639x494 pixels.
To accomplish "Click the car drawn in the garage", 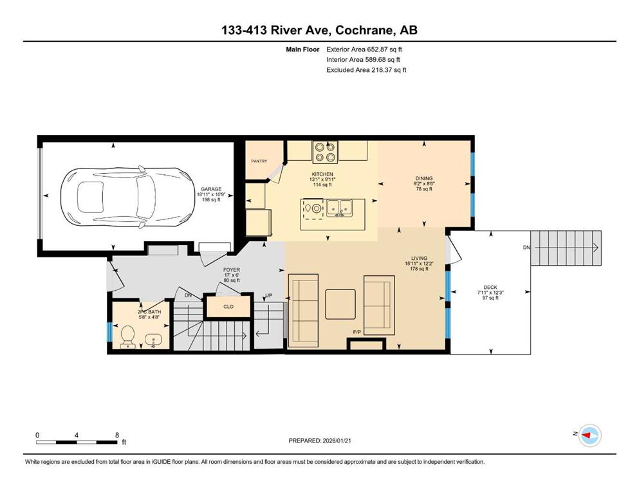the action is point(128,196).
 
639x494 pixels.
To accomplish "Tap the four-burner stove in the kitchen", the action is point(325,152).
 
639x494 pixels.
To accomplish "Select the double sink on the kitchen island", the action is point(340,208).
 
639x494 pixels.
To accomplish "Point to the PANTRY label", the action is point(259,161).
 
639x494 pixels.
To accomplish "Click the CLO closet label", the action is point(228,306).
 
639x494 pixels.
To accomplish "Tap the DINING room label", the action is point(424,178).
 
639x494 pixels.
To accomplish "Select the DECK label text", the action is point(490,287).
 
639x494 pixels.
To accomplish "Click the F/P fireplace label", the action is point(357,333).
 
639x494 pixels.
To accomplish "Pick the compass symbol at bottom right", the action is point(590,435).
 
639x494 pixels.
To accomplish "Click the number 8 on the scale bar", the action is point(117,435).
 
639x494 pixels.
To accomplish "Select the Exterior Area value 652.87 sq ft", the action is point(384,50).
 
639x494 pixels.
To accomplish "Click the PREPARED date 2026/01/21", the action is point(337,441).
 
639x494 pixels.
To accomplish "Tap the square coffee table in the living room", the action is point(340,304).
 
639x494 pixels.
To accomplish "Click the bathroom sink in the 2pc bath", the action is point(153,340).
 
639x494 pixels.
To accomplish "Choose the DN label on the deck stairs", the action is point(526,247).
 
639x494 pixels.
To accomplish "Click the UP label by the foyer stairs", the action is point(268,296).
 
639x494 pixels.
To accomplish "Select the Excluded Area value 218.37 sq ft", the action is point(388,70).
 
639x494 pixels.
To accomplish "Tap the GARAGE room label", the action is point(210,189).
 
